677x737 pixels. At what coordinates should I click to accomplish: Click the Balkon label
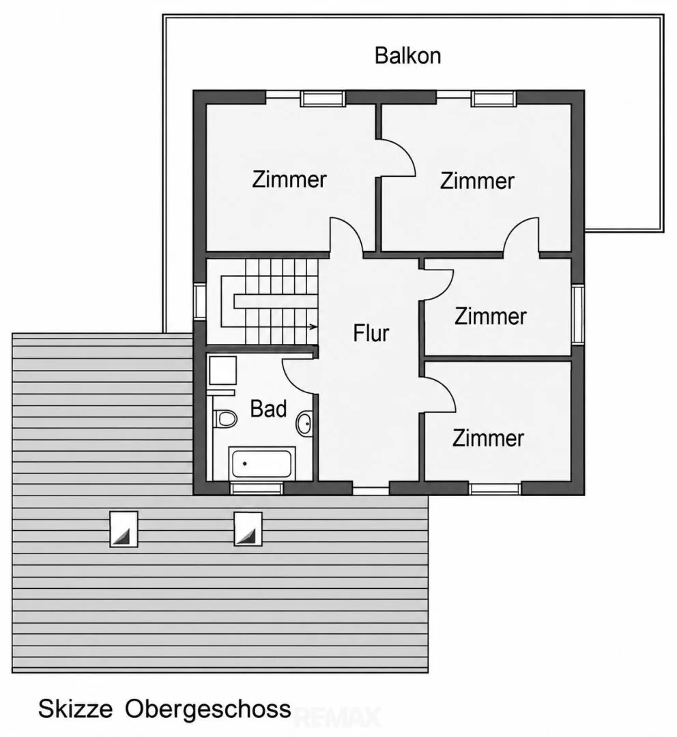click(407, 55)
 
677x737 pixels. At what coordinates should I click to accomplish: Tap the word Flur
click(371, 333)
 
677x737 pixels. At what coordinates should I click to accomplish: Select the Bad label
click(268, 409)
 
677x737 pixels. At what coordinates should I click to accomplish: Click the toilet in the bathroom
click(225, 418)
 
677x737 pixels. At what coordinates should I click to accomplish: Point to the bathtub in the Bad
click(262, 463)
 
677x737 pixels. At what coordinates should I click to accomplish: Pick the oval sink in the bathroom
click(304, 424)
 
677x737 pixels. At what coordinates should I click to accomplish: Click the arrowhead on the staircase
click(313, 327)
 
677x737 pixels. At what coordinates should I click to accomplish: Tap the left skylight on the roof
click(124, 530)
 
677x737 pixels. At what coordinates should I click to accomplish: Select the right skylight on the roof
click(248, 529)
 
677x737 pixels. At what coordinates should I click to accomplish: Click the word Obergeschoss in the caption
click(207, 709)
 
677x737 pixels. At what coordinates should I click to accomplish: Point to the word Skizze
click(75, 708)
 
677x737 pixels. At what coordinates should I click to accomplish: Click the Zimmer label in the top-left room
click(289, 179)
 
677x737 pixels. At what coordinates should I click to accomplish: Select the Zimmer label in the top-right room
click(477, 181)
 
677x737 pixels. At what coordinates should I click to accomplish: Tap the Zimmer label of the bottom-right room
click(488, 438)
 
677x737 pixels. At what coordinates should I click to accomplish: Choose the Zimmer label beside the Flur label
click(491, 317)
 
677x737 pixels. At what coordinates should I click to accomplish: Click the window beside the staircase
click(200, 302)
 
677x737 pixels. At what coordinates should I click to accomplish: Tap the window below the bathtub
click(257, 488)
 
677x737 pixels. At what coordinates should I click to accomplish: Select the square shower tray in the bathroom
click(222, 370)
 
